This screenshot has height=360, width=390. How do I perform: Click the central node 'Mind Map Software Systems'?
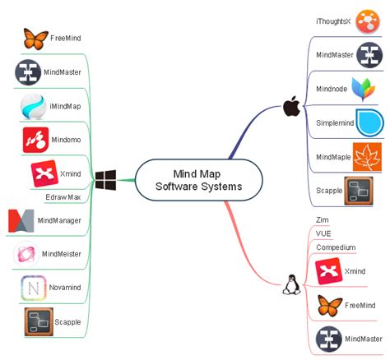[198, 180]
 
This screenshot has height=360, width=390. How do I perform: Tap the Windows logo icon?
[104, 179]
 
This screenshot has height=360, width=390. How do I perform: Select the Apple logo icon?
[290, 106]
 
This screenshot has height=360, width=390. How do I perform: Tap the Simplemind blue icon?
[369, 122]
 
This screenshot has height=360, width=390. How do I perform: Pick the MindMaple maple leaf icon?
[366, 156]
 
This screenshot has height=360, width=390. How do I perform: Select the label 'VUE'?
[323, 233]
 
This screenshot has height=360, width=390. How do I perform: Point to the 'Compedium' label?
[336, 247]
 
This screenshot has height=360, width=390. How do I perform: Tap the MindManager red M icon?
[20, 221]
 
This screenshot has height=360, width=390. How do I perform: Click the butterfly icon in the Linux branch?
[329, 305]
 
